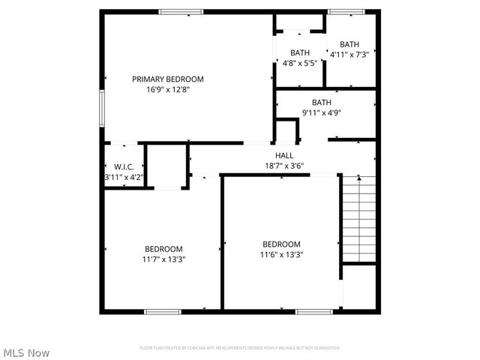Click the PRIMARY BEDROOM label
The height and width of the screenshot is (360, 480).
click(168, 79)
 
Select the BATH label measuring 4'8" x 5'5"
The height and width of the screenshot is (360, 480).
click(300, 52)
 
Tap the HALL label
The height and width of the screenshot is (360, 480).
click(284, 155)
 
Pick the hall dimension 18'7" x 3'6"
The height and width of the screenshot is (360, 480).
click(284, 166)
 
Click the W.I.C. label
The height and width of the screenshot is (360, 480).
click(124, 166)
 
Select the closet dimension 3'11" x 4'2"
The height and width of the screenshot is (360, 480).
click(124, 177)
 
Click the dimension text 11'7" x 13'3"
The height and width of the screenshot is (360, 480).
click(163, 259)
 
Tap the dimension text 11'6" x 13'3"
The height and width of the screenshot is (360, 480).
click(281, 254)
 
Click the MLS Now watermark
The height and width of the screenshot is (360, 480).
click(26, 352)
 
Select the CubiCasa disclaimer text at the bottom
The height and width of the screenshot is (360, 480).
click(240, 348)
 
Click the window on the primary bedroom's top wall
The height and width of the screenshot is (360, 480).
click(181, 11)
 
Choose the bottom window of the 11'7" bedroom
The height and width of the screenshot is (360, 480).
click(163, 310)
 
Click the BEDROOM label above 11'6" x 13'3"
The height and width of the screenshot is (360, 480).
click(281, 244)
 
